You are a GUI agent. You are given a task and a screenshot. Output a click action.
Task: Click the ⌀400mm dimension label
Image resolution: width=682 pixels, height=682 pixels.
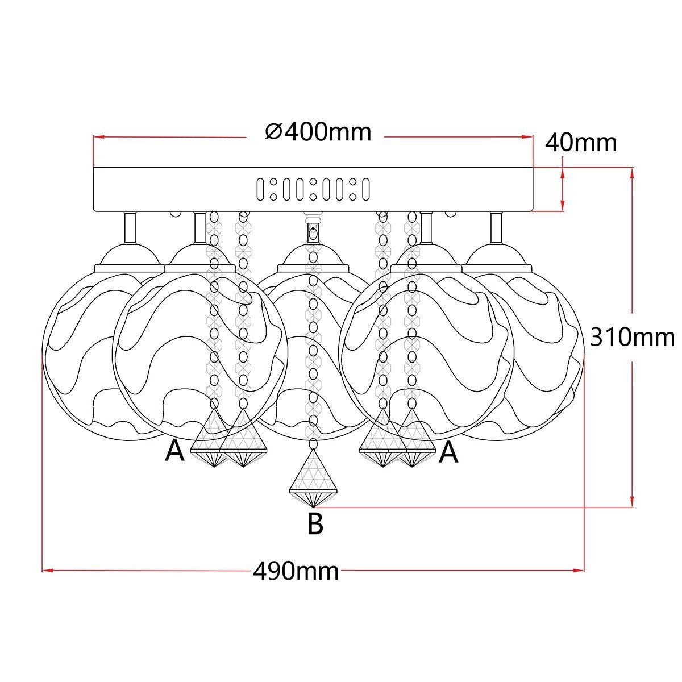[318, 132]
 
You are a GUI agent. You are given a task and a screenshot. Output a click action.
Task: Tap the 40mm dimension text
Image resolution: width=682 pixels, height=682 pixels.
[580, 143]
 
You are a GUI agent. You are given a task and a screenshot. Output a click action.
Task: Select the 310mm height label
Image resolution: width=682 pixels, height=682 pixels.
[632, 338]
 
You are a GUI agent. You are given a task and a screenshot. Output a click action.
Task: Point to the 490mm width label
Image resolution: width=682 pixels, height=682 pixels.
[295, 571]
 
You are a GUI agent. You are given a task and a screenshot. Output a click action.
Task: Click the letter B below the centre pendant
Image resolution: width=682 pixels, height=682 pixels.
[315, 523]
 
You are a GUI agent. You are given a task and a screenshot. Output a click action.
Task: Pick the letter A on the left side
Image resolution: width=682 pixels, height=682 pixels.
[174, 452]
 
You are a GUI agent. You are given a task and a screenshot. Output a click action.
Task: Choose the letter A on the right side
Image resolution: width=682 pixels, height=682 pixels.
[448, 452]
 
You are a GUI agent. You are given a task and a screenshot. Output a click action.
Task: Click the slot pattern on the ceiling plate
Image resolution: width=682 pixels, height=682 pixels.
[313, 189]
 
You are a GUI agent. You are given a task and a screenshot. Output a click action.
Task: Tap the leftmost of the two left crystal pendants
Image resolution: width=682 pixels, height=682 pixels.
[213, 440]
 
